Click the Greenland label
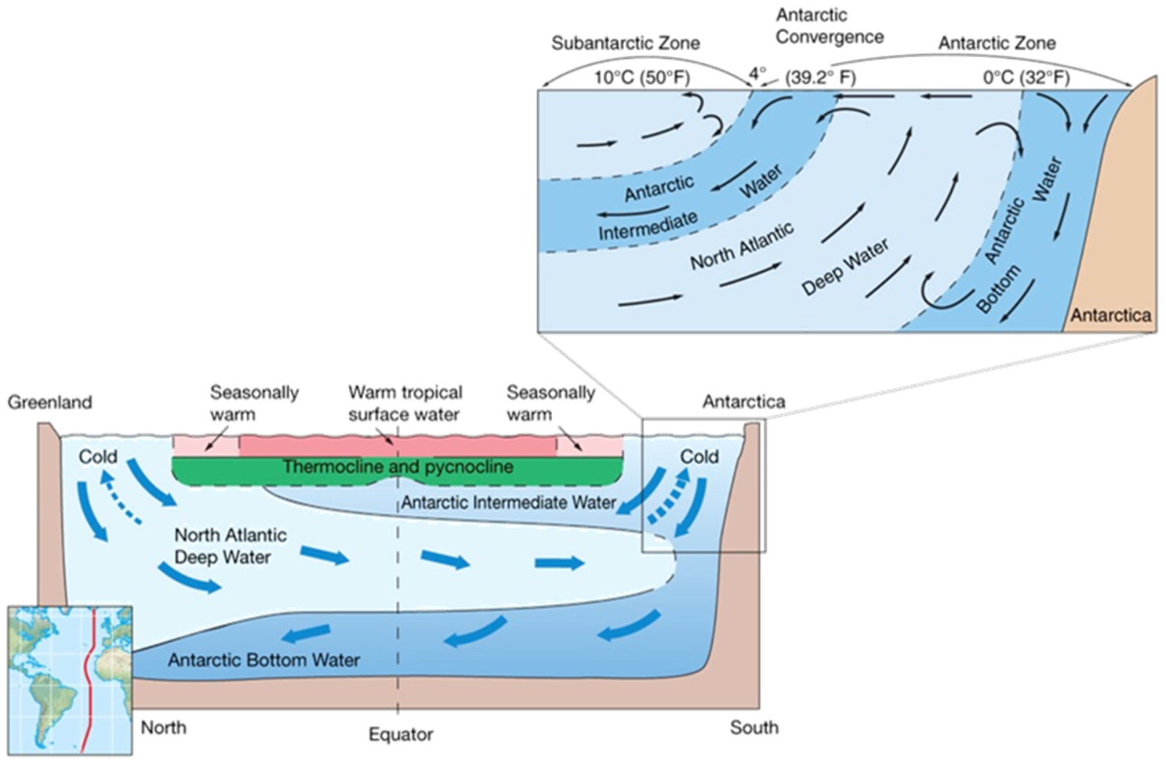[x=50, y=402]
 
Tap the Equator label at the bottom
[x=401, y=734]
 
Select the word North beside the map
[x=163, y=727]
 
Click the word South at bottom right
[x=754, y=727]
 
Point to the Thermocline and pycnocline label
[x=398, y=467]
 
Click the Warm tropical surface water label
[x=405, y=402]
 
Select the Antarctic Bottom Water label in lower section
[x=263, y=660]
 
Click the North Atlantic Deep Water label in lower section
[x=229, y=546]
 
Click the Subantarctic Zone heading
[x=626, y=43]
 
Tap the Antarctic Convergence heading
[x=829, y=26]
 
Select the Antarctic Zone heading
[x=997, y=42]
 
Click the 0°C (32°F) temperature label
[x=1026, y=77]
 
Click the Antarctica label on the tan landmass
[x=1110, y=315]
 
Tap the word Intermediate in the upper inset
[x=648, y=226]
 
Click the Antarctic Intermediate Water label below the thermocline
[x=508, y=502]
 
